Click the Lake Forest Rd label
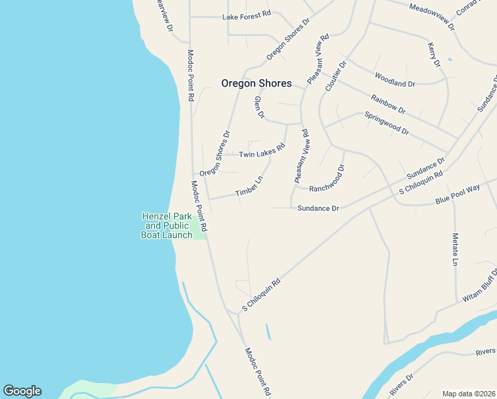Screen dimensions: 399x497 [247, 14]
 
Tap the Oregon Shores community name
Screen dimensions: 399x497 [256, 83]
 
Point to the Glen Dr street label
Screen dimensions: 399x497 [259, 108]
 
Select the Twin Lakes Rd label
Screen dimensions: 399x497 [262, 154]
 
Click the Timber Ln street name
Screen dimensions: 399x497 [249, 188]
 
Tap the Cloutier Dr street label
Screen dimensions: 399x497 [336, 77]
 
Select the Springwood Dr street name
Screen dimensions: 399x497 [387, 123]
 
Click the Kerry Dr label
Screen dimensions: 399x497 [434, 54]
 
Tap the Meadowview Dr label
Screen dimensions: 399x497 [432, 17]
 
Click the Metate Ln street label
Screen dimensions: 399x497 [455, 250]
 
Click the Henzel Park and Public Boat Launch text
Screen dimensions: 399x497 [167, 225]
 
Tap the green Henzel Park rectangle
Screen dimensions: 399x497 [198, 227]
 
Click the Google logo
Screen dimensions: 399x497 [22, 391]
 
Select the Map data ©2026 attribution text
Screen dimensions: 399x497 [469, 394]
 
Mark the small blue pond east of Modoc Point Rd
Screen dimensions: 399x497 [268, 331]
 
